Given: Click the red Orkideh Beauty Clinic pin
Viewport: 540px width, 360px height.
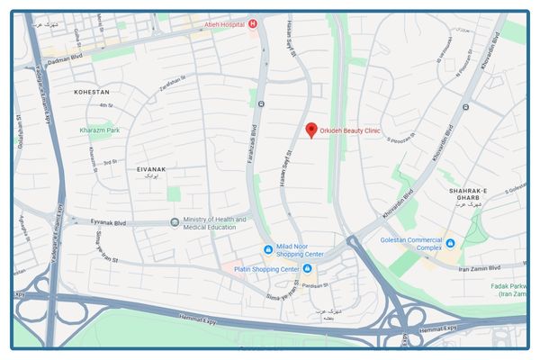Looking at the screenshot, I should (x=311, y=130).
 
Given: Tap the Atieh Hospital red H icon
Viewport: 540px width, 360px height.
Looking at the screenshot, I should (x=253, y=23).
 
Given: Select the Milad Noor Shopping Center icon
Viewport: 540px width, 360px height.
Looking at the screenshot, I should (x=267, y=249).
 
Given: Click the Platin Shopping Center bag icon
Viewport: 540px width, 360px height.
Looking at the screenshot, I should (x=308, y=269).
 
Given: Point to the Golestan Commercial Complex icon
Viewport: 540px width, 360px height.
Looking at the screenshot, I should (x=450, y=243).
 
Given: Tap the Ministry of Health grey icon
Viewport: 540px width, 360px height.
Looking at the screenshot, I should (x=175, y=222).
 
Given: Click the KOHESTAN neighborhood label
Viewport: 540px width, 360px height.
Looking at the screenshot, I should (x=92, y=92).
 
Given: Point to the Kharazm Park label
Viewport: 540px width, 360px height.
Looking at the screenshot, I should (x=99, y=130).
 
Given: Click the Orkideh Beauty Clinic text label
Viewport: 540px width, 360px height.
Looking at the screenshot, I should (x=351, y=130).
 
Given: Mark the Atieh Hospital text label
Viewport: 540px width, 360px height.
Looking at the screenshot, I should (x=224, y=24).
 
